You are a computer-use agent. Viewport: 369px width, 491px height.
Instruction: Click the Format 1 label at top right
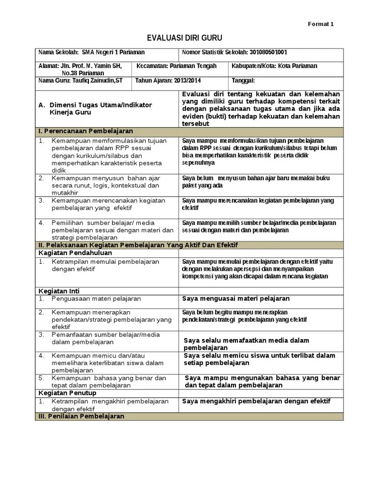click(320, 24)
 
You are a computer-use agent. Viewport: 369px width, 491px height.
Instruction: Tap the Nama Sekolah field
click(91, 52)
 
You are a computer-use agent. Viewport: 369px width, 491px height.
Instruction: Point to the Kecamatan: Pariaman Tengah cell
click(177, 66)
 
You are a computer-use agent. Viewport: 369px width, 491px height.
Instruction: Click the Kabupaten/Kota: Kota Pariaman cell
click(274, 66)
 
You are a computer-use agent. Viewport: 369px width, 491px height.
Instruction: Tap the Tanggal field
click(243, 81)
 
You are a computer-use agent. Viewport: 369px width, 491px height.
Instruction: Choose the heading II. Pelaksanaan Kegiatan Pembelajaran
click(137, 245)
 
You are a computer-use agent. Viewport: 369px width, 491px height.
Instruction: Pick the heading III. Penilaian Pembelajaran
click(81, 416)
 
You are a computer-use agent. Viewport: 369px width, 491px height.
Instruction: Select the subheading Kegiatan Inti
click(59, 291)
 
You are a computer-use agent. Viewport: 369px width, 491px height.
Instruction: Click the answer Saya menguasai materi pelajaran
click(236, 299)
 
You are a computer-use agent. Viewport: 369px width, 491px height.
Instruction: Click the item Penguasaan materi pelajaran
click(96, 299)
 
